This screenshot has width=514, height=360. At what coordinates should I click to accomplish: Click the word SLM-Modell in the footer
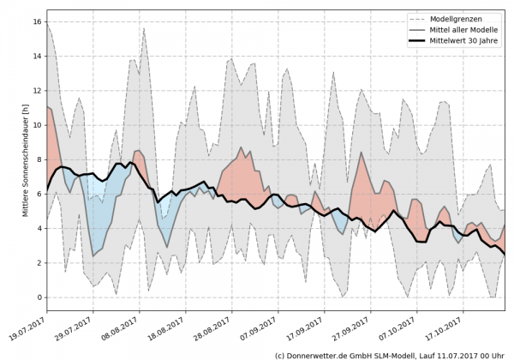(x=395, y=354)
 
